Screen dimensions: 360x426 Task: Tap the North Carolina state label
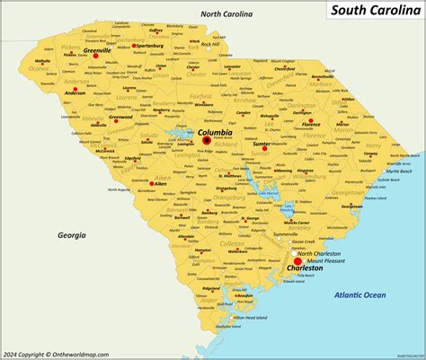pos(226,14)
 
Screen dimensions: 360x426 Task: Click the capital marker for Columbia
pos(207,140)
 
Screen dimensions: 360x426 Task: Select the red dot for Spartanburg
pos(133,46)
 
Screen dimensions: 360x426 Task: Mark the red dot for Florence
pos(310,120)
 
